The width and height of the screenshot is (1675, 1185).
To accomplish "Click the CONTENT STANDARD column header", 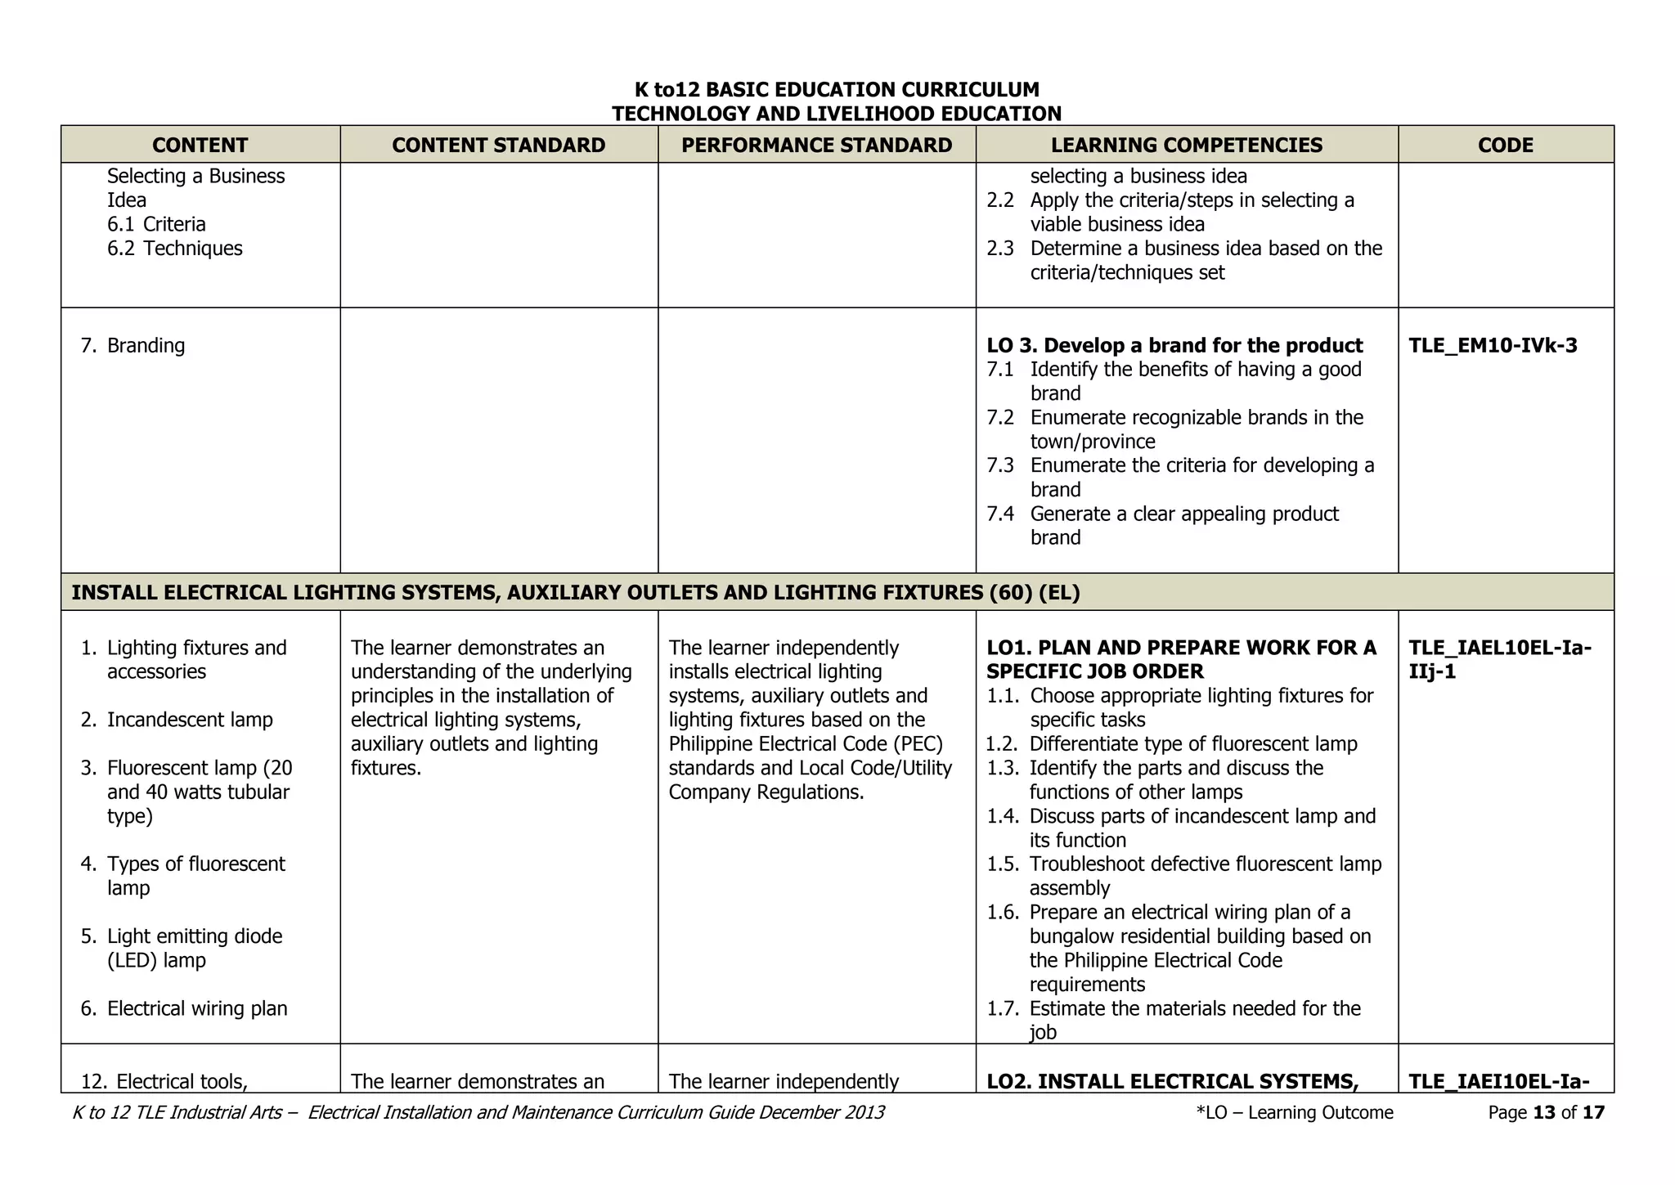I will click(x=498, y=145).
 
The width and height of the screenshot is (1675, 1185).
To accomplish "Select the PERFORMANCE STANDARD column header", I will click(x=816, y=145).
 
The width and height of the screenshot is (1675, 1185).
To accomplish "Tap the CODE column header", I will click(x=1505, y=145).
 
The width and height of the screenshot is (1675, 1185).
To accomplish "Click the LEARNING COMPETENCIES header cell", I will click(x=1186, y=145).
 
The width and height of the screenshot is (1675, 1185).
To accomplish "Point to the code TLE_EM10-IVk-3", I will click(x=1493, y=345).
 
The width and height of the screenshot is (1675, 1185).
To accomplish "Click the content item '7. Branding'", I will click(x=133, y=345).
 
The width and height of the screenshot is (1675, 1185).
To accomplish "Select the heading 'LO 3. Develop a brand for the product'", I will click(x=1174, y=345).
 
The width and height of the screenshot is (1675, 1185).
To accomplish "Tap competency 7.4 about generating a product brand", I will click(x=1183, y=525).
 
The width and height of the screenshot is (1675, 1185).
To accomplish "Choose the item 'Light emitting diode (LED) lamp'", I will click(x=194, y=948).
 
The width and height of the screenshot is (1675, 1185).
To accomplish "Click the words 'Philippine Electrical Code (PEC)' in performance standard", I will click(x=806, y=743).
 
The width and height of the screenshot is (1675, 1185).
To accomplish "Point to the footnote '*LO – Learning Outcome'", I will click(x=1294, y=1112).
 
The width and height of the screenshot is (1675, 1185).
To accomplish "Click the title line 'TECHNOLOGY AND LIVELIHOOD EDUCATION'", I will click(x=836, y=114).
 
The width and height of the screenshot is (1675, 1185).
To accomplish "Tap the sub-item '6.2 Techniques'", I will click(x=174, y=249).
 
